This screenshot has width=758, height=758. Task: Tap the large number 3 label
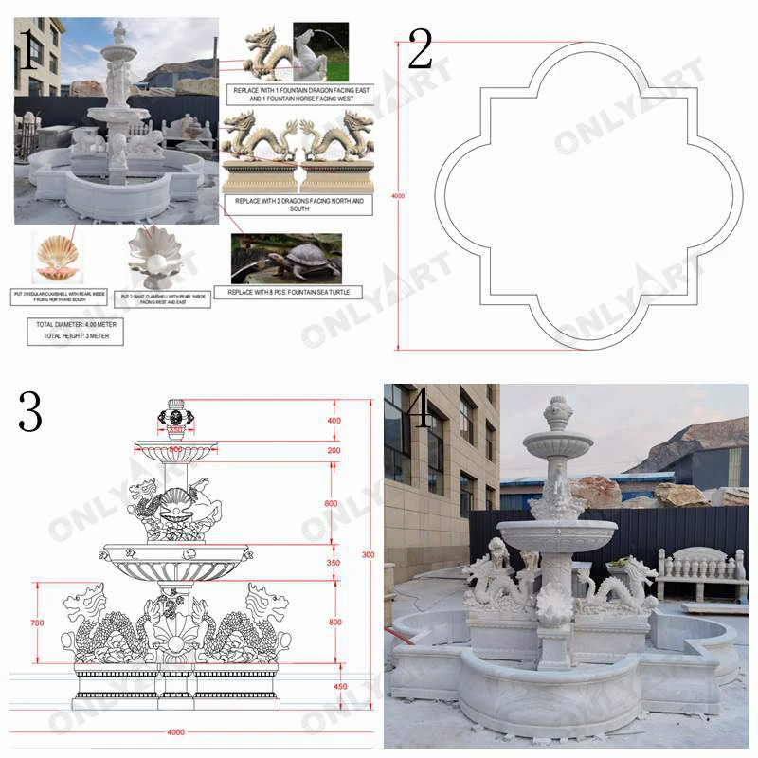point(29,411)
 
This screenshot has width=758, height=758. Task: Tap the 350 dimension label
point(332,562)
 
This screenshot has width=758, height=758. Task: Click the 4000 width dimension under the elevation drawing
point(177,732)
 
